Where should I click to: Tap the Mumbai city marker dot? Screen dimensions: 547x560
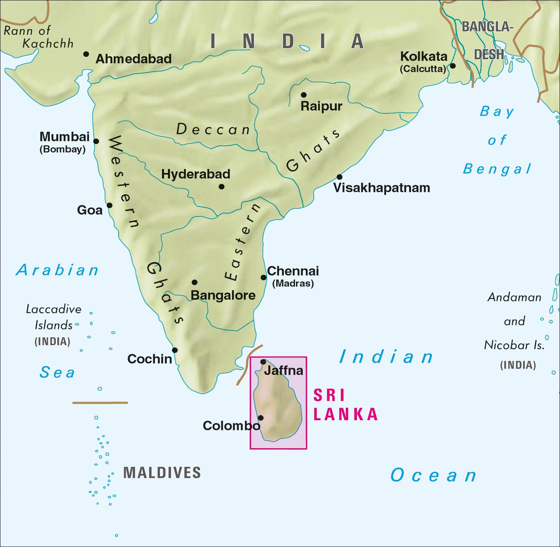96,141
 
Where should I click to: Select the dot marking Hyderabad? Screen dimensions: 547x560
221,186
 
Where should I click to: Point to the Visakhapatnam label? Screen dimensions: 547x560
381,188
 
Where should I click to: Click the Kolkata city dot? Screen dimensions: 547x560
453,66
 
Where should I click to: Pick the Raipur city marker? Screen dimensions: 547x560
304,95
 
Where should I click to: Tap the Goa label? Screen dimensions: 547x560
90,210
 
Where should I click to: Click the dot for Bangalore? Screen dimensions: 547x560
194,282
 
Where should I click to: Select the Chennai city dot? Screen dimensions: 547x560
264,277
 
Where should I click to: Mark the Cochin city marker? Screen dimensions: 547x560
175,350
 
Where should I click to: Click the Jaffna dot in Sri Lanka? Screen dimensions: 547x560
263,362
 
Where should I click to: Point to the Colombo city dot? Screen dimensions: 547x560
260,417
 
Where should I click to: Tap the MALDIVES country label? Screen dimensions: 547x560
162,472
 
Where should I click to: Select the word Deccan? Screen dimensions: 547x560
213,130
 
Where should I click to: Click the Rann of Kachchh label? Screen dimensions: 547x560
39,37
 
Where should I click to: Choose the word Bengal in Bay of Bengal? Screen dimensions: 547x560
497,169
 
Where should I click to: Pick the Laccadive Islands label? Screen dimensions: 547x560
53,317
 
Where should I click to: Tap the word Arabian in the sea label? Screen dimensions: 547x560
58,271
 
